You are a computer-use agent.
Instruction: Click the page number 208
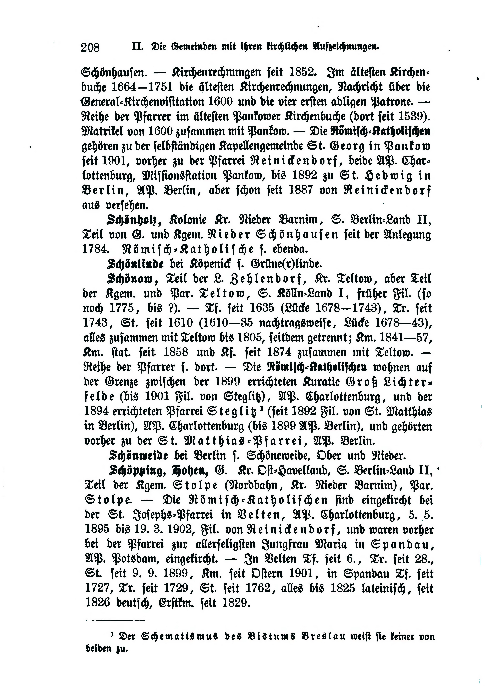coord(90,47)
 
